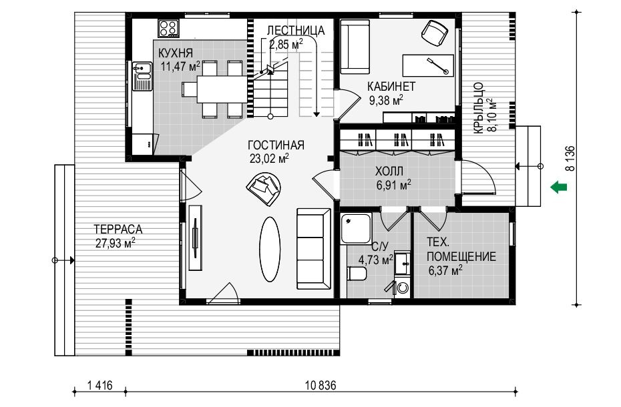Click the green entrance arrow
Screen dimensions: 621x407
coord(559,186)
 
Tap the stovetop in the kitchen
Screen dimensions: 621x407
coord(168,29)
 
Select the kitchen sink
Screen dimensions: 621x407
coord(142,76)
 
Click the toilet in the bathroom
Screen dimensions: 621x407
coord(357,274)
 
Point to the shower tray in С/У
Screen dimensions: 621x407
coord(356,228)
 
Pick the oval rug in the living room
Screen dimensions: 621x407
coord(270,249)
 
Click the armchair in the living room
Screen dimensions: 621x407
coord(264,188)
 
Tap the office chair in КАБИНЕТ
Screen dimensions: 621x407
coord(435,33)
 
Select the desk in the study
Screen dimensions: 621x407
coord(428,65)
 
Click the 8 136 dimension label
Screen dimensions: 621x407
coord(570,158)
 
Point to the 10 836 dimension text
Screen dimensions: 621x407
coord(321,385)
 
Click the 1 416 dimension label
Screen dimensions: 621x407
coord(99,385)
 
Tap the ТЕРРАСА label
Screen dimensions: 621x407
coord(118,230)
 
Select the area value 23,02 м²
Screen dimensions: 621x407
coord(269,158)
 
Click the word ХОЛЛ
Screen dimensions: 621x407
coord(389,171)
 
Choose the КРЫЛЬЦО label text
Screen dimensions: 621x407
coord(478,107)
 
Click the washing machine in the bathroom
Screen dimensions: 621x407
coord(403,288)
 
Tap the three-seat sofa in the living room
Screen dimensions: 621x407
coord(314,249)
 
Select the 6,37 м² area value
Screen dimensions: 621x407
coord(445,270)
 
